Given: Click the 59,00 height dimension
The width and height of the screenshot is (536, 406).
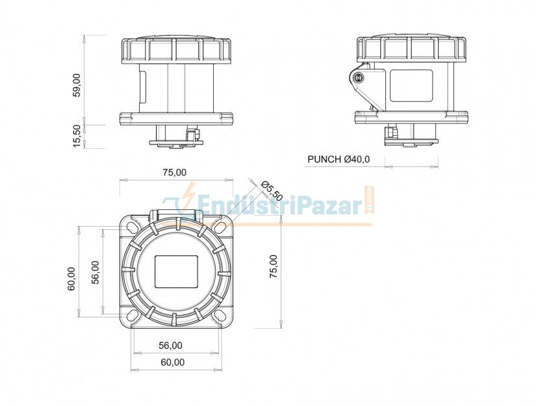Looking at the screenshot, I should [x=77, y=85].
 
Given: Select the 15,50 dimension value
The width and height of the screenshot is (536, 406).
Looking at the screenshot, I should [x=77, y=136].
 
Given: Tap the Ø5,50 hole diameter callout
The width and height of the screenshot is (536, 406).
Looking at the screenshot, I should [x=272, y=189].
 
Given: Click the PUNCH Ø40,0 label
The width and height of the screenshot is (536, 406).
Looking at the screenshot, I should [x=338, y=159].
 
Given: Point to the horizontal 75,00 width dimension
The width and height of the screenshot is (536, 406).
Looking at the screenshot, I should [x=173, y=172].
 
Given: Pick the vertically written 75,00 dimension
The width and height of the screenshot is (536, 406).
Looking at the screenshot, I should [x=274, y=266].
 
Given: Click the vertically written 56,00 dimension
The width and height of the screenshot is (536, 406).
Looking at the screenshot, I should [x=95, y=272].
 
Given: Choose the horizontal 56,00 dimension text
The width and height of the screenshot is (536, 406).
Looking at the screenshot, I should [x=170, y=345].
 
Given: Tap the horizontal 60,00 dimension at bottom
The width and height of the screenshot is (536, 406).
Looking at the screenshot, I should [x=172, y=362].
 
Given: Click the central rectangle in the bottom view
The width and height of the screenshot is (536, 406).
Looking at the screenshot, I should [x=175, y=271].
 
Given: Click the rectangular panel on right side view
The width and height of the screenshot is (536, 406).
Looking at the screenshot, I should [x=411, y=85].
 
